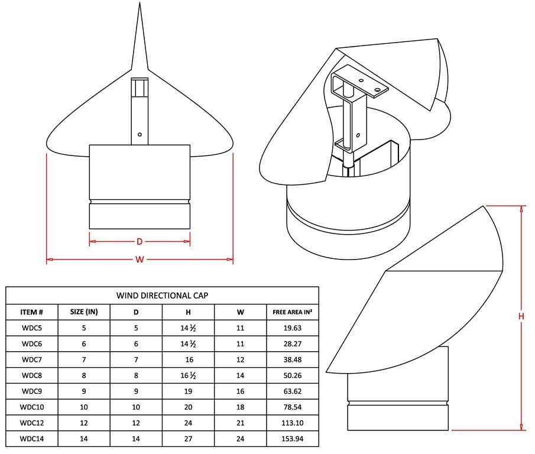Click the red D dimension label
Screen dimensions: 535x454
(x=139, y=242)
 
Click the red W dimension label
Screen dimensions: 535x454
(x=140, y=260)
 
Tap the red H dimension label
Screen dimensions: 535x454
(x=521, y=316)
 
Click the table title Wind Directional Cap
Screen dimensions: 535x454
(x=162, y=296)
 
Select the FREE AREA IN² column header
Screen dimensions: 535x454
(x=293, y=312)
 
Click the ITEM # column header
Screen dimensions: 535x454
(x=32, y=312)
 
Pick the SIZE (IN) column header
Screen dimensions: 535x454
(x=84, y=312)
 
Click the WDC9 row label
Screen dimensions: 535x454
(x=32, y=391)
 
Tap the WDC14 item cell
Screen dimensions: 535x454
(x=32, y=439)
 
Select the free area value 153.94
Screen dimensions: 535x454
(x=293, y=439)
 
